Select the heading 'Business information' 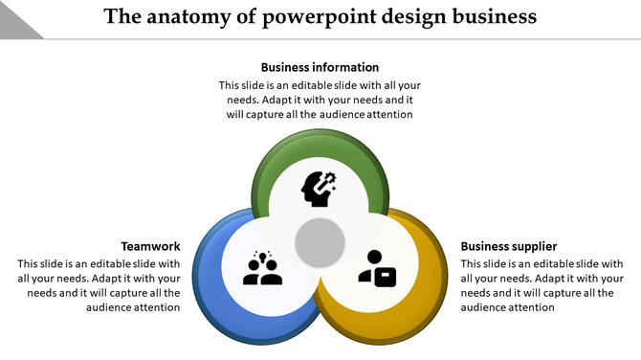pyautogui.click(x=320, y=67)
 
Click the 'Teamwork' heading pyautogui.click(x=150, y=246)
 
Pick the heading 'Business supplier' pyautogui.click(x=508, y=246)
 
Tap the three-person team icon pyautogui.click(x=262, y=268)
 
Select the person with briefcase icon pyautogui.click(x=376, y=268)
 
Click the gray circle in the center pyautogui.click(x=320, y=243)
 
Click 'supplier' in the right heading pyautogui.click(x=533, y=246)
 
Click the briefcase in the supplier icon pyautogui.click(x=384, y=276)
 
